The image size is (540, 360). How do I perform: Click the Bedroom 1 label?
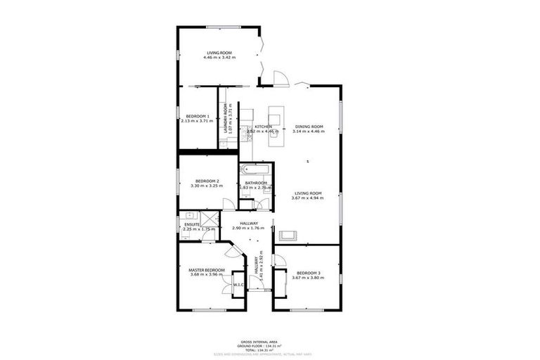click(198, 116)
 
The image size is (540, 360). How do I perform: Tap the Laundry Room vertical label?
click(226, 119)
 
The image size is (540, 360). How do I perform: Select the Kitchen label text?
click(263, 127)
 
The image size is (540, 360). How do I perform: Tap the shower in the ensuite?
click(209, 217)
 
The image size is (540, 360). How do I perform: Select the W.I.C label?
click(238, 285)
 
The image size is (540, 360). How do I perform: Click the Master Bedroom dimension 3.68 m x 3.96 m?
click(207, 274)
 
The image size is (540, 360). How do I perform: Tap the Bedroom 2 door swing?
click(229, 205)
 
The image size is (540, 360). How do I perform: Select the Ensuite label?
click(192, 224)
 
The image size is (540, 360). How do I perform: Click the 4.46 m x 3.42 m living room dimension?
click(219, 57)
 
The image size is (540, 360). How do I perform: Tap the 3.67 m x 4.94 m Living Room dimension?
click(307, 198)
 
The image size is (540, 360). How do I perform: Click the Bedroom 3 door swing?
click(278, 261)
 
